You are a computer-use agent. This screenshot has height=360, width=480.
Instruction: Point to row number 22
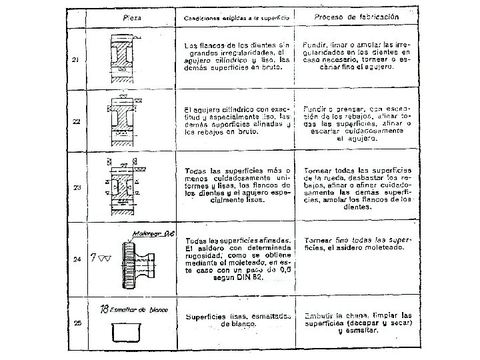(76, 121)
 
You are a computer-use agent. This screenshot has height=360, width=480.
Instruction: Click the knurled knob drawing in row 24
(137, 261)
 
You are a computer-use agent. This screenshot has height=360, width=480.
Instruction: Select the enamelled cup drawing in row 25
(125, 331)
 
